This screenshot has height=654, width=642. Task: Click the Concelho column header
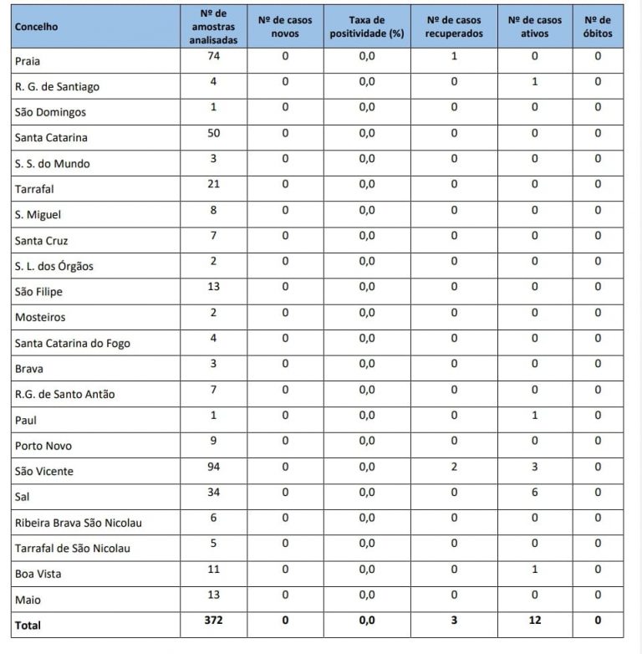[36, 27]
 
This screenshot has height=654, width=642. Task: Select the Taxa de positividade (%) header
[367, 27]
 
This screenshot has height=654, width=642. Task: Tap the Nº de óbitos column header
[598, 27]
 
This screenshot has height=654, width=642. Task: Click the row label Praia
[28, 61]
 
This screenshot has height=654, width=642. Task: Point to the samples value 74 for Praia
[215, 56]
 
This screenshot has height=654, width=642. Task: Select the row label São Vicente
[44, 472]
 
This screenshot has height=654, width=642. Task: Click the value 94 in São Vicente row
[215, 467]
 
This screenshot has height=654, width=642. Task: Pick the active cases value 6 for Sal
[535, 493]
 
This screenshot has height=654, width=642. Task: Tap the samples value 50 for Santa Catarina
[215, 133]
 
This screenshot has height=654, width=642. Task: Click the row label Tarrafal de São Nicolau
[72, 549]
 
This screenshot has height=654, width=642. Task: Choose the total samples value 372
[215, 621]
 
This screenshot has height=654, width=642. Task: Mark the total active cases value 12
[535, 621]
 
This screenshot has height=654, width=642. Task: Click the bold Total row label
[28, 625]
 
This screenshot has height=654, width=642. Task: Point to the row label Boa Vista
[38, 575]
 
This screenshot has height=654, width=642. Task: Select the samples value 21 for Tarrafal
[215, 184]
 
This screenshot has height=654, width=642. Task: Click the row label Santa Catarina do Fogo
[73, 344]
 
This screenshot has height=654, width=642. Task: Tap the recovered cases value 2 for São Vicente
[454, 467]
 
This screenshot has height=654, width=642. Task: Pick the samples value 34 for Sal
[215, 493]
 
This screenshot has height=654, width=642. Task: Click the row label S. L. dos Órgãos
[54, 267]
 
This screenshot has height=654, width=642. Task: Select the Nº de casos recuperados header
[454, 27]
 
